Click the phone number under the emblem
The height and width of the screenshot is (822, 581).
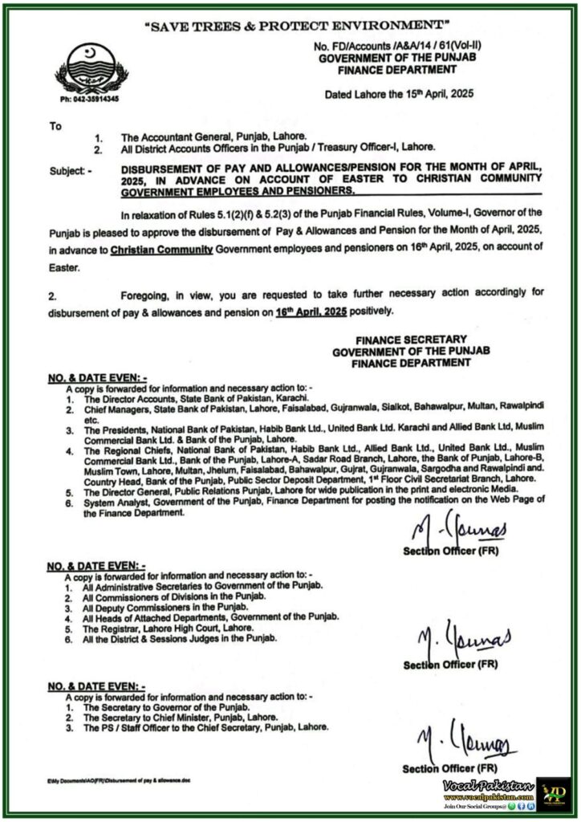click(91, 99)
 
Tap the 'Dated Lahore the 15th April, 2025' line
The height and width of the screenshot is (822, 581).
click(398, 93)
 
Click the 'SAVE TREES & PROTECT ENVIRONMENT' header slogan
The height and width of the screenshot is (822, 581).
click(290, 26)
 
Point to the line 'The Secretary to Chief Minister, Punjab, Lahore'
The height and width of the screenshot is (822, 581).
click(181, 718)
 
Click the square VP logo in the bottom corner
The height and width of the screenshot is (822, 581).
click(553, 793)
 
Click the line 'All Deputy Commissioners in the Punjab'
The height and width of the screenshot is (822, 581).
click(165, 608)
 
